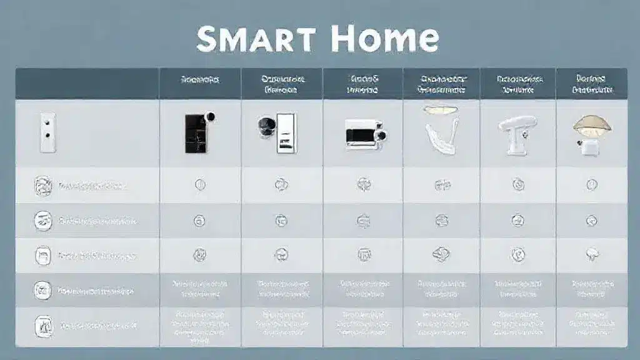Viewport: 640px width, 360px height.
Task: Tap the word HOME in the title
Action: pos(384,39)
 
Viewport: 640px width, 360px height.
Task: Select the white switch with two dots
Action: pos(46,132)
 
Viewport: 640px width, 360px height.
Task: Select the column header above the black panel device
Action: pos(201,80)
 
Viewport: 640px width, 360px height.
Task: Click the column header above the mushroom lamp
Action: pos(591,84)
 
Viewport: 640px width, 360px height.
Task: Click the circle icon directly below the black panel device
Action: pos(201,184)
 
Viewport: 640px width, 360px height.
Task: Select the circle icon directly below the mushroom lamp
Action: pos(591,184)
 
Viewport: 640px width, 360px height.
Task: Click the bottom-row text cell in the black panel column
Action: pos(201,324)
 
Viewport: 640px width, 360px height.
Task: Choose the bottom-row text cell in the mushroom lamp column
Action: pos(591,324)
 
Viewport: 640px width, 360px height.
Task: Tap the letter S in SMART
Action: pos(209,39)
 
